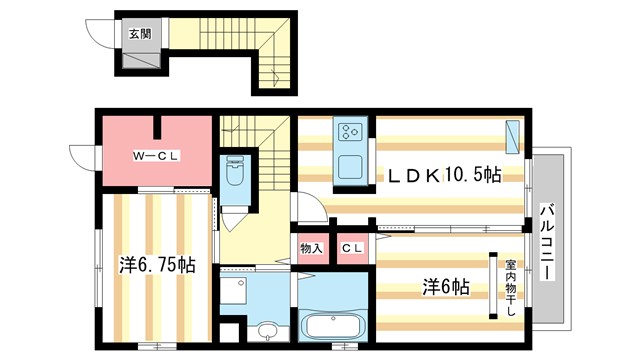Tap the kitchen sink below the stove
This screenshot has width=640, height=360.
click(351, 164)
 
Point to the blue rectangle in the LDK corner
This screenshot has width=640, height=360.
click(513, 136)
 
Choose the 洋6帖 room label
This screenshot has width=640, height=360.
click(444, 286)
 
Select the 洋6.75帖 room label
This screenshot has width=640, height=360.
click(158, 266)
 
